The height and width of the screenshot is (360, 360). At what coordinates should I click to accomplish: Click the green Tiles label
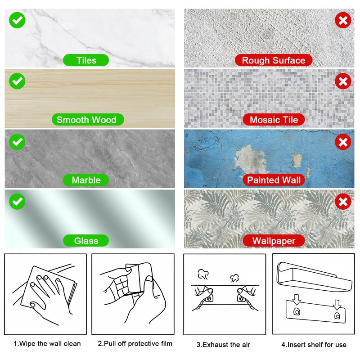tap(86, 60)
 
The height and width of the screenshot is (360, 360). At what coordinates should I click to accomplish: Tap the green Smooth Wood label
tap(86, 120)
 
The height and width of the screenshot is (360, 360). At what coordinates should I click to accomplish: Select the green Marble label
tap(86, 180)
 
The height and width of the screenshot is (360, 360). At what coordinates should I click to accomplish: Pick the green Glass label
tap(86, 241)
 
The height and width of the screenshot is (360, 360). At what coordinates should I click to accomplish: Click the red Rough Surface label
tap(273, 60)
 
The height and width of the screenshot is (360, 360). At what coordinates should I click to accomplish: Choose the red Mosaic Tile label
tap(274, 120)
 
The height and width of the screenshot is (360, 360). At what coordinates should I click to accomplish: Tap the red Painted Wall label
tap(274, 180)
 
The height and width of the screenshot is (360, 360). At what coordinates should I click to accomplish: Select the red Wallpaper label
tap(274, 241)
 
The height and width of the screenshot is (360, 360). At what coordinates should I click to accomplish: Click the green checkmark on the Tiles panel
tap(17, 20)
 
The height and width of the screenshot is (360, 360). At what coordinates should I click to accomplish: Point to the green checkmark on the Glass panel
tap(17, 201)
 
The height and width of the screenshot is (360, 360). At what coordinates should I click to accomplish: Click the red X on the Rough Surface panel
tap(343, 20)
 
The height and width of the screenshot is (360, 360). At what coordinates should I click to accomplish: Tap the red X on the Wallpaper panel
tap(343, 201)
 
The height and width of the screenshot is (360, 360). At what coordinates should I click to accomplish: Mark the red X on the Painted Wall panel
tap(343, 142)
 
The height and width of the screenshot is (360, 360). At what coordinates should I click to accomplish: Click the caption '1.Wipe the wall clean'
tap(47, 344)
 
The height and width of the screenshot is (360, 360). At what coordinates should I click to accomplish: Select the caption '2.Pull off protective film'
tap(135, 344)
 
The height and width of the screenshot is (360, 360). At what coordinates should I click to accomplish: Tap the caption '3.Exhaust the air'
tap(223, 345)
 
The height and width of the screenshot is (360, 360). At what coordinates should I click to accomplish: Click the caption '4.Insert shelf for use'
tap(314, 345)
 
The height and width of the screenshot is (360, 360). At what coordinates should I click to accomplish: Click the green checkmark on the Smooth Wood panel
tap(17, 81)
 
